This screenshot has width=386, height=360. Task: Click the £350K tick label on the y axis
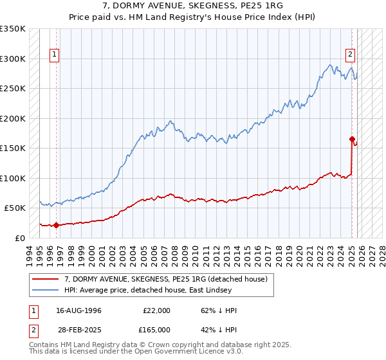(13, 29)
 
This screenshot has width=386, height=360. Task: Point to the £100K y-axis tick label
(13, 178)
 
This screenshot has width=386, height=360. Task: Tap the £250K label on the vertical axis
(13, 89)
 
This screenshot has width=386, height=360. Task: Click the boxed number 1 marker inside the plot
(55, 55)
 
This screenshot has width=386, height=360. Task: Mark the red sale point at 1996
(56, 225)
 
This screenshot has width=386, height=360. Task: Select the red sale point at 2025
(352, 139)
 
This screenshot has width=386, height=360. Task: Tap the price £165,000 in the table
(156, 329)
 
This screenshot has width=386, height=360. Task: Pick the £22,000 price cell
(156, 310)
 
